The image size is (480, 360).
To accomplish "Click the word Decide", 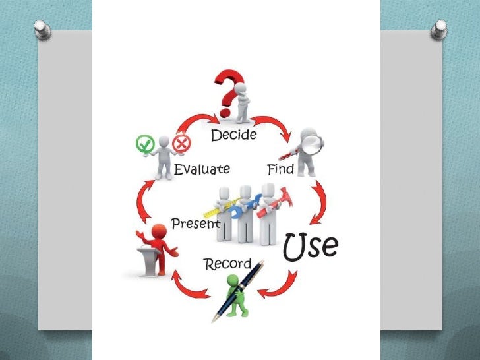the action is [233, 136].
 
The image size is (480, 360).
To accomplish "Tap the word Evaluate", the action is [202, 169].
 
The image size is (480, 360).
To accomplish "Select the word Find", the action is [280, 169].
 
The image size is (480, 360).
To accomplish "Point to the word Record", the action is [227, 264].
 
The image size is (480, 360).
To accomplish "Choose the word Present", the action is [195, 224].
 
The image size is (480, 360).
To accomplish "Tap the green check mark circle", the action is [144, 143].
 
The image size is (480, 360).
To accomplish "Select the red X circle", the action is [180, 143].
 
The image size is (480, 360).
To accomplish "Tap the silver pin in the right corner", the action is [438, 29].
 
